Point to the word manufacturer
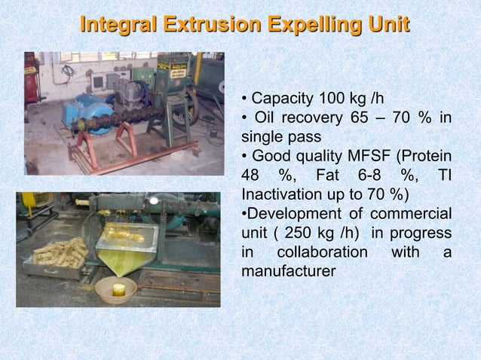(288, 272)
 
